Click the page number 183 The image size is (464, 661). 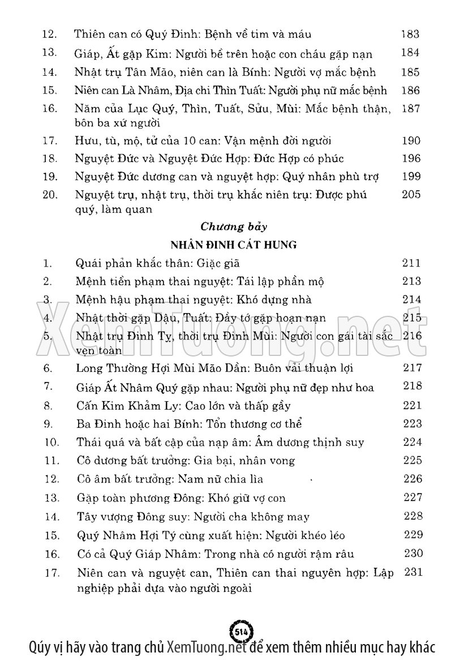coord(410,34)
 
